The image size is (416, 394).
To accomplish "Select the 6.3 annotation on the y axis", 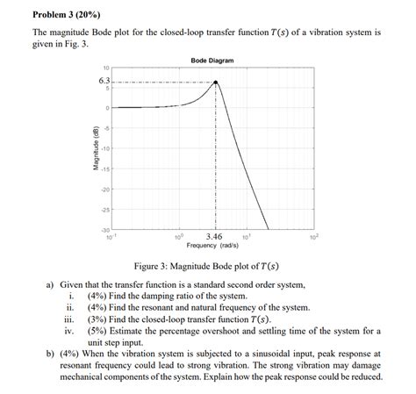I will click(104, 82).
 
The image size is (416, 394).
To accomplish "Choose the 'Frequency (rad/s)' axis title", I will click(212, 246).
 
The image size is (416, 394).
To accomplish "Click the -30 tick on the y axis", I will click(105, 230).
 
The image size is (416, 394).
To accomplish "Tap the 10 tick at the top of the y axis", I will click(106, 67).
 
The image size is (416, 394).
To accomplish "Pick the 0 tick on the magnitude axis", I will click(108, 108).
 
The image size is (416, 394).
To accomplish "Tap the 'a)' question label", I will click(52, 285).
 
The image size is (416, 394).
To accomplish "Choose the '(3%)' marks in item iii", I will click(98, 319).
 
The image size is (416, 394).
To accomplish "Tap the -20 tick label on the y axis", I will click(105, 190).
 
